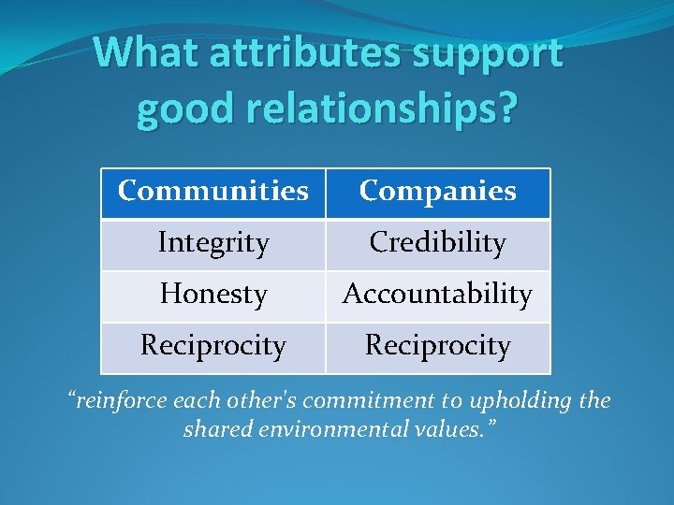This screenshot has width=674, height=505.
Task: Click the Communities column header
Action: pyautogui.click(x=212, y=192)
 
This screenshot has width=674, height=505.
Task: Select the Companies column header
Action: pyautogui.click(x=437, y=192)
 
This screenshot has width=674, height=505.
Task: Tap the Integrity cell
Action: pyautogui.click(x=213, y=243)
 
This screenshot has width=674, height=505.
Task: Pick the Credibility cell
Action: pyautogui.click(x=437, y=243)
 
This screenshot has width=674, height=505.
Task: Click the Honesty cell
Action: pyautogui.click(x=213, y=295)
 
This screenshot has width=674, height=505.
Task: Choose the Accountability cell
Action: pyautogui.click(x=437, y=295)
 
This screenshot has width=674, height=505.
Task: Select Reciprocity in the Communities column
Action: pyautogui.click(x=213, y=346)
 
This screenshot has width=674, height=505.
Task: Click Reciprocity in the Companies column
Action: pyautogui.click(x=437, y=346)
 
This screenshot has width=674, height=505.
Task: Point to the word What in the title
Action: pyautogui.click(x=148, y=53)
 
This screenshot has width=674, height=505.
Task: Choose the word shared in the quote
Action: pyautogui.click(x=216, y=431)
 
